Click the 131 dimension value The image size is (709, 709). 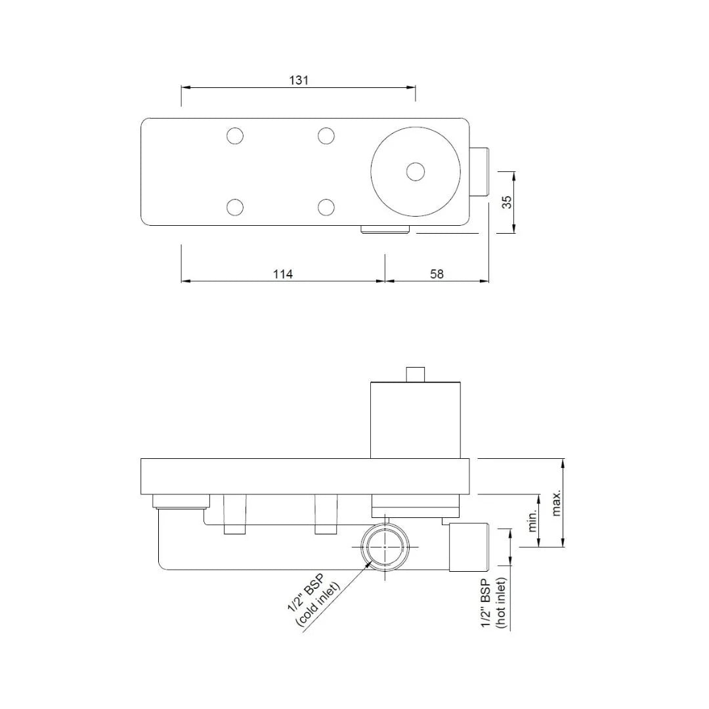click(299, 80)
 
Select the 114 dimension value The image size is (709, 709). click(283, 274)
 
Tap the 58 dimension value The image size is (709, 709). click(437, 274)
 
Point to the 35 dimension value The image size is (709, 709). click(507, 202)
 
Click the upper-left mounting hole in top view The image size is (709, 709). click(235, 137)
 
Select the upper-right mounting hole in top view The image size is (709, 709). click(326, 137)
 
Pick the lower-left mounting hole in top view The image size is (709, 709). click(235, 207)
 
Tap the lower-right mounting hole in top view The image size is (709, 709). click(326, 207)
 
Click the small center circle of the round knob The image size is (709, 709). click(415, 172)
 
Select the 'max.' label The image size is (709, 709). click(557, 503)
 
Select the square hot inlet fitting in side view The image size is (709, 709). click(469, 547)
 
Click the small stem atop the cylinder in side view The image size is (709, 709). click(416, 374)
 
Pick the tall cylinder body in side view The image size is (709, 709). click(416, 420)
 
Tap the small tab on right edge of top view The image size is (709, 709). click(480, 172)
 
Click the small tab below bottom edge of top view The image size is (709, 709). click(385, 229)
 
